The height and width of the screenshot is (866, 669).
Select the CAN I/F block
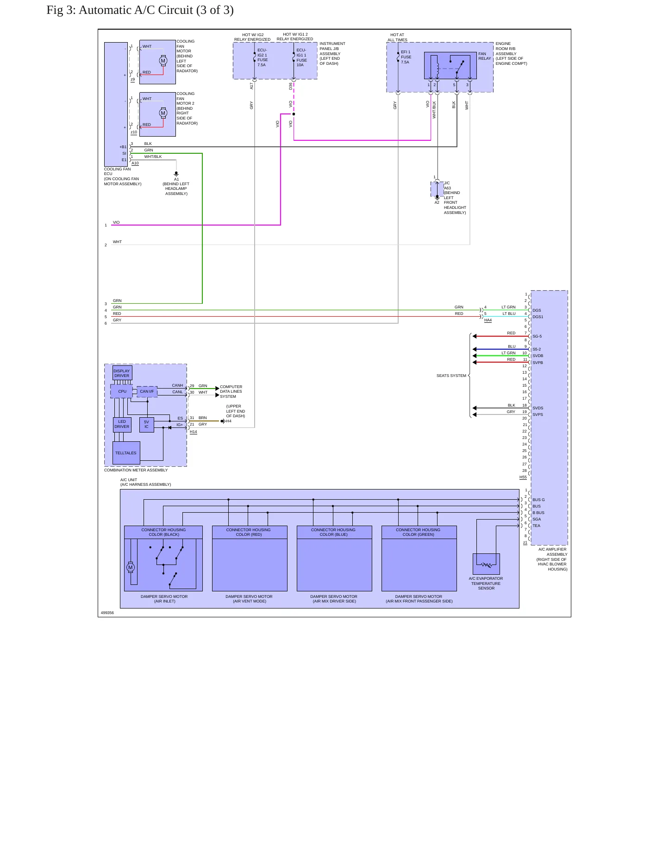click(147, 392)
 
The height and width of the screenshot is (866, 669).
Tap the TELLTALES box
click(126, 453)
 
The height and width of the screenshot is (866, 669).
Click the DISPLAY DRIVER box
click(122, 373)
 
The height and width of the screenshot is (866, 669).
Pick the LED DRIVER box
click(122, 425)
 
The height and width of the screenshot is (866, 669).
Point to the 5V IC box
click(147, 425)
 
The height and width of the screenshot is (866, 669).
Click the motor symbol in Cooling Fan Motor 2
click(163, 113)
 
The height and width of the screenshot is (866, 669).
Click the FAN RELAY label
click(485, 56)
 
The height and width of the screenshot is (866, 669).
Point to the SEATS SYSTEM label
click(451, 376)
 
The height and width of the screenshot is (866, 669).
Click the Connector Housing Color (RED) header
click(249, 532)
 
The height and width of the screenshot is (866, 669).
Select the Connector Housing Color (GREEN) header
click(419, 532)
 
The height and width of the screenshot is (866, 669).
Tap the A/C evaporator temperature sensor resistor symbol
click(486, 565)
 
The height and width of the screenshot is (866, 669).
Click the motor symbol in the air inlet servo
click(131, 567)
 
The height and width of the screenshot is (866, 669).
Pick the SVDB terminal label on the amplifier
click(538, 356)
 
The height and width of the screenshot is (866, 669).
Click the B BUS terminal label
click(538, 513)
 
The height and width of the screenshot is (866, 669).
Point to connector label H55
click(523, 477)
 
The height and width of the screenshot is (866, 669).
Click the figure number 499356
click(107, 613)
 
